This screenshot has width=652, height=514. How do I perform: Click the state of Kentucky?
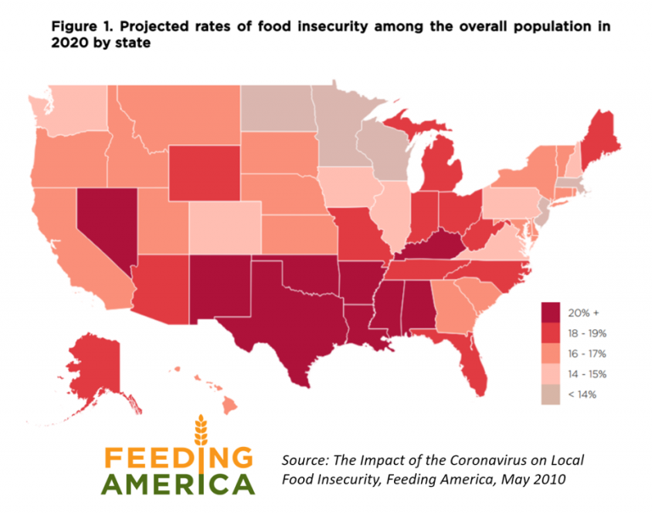coord(433,246)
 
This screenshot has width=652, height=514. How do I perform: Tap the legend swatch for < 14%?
coord(553,394)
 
